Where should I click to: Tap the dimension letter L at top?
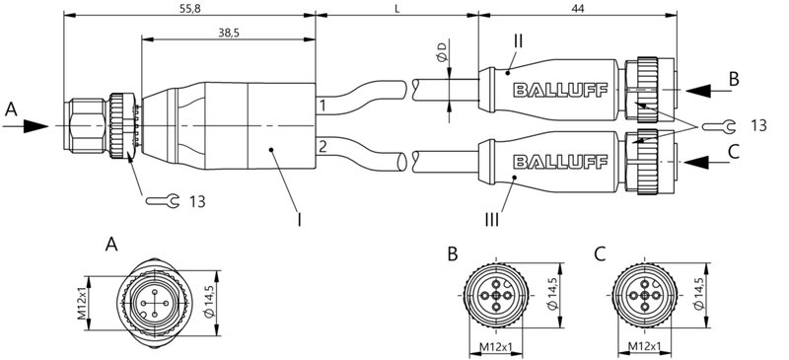396,8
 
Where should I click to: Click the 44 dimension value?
578,8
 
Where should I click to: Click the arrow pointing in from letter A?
32,126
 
